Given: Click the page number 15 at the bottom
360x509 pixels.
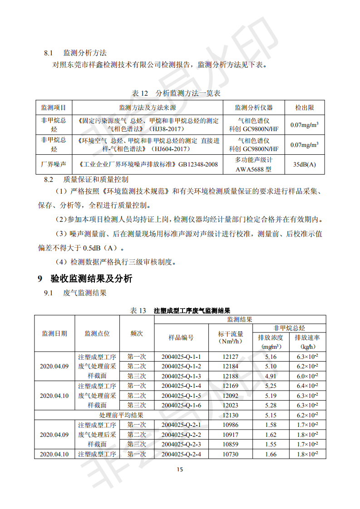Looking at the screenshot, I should pyautogui.click(x=180, y=470).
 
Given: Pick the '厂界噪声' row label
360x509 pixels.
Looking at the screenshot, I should pyautogui.click(x=54, y=164).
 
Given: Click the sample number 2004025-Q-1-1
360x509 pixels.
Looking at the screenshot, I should pyautogui.click(x=181, y=357).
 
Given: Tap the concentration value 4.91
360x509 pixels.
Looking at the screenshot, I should pyautogui.click(x=271, y=376).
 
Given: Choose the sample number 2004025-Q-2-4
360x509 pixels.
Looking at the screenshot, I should pyautogui.click(x=181, y=454).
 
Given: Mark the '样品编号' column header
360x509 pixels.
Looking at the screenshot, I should pyautogui.click(x=181, y=338).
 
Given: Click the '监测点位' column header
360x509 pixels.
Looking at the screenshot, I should pyautogui.click(x=97, y=333).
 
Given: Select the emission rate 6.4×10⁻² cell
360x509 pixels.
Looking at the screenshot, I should pyautogui.click(x=307, y=386).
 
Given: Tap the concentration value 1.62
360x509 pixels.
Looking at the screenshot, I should pyautogui.click(x=271, y=435).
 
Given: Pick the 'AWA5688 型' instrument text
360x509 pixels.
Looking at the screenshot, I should pyautogui.click(x=253, y=169).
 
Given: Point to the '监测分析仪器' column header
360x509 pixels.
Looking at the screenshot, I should pyautogui.click(x=253, y=108).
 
